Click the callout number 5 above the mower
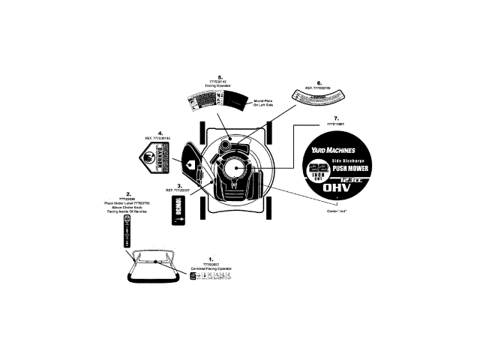[220, 76]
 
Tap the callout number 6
[320, 82]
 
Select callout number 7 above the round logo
[337, 118]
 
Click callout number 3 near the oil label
[178, 184]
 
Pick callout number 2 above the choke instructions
[129, 193]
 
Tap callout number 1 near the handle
[211, 258]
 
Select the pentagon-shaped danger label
[155, 159]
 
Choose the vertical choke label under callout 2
[127, 234]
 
